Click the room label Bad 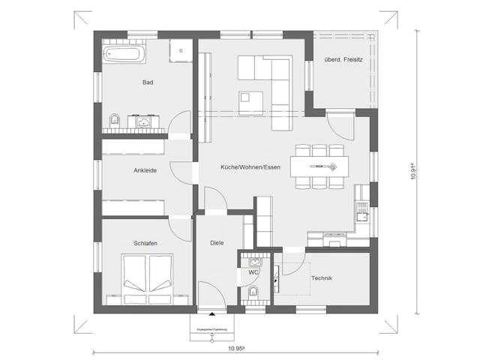click(148, 82)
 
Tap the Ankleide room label click(145, 170)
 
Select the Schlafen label click(145, 243)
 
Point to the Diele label click(217, 243)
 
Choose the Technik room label click(321, 278)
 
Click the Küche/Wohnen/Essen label click(250, 167)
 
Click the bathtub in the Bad click(127, 55)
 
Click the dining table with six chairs click(319, 166)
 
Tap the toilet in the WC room click(253, 292)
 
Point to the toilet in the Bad click(114, 119)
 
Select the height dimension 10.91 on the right click(412, 171)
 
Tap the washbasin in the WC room click(253, 262)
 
